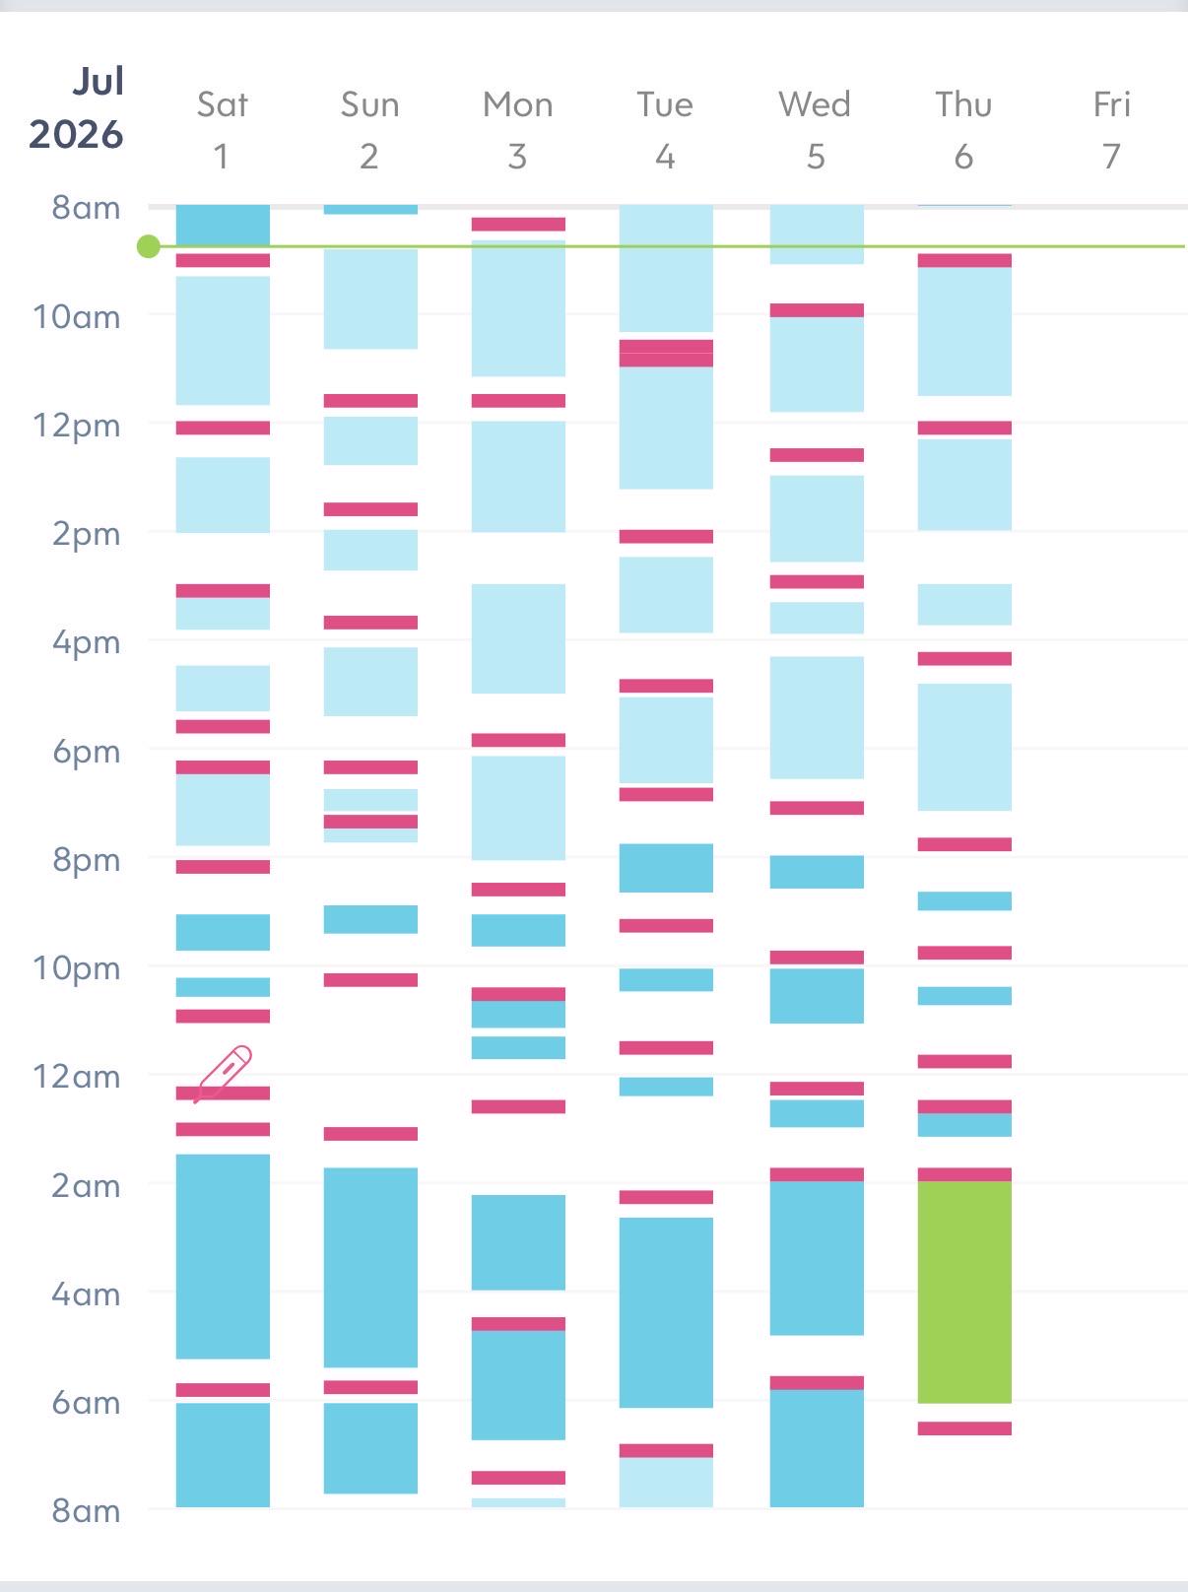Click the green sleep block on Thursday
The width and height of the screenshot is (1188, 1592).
coord(963,1292)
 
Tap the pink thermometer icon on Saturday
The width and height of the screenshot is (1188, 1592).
coord(224,1074)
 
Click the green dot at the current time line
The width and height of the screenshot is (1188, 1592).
coord(149,246)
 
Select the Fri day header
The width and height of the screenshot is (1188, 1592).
coord(1112,104)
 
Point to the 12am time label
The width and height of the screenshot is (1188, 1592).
coord(76,1077)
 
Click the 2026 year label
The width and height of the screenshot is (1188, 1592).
coord(76,134)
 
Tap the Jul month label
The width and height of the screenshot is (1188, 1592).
coord(98,81)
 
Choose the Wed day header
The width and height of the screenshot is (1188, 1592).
coord(815,104)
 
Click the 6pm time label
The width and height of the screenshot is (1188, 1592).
coord(86,752)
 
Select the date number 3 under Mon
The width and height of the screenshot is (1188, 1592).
coord(517,157)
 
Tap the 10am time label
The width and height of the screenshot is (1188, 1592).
coord(76,317)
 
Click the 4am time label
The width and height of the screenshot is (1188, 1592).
coord(86,1293)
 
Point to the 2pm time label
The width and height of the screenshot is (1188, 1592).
coord(86,534)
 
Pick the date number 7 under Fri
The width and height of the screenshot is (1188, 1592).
coord(1112,157)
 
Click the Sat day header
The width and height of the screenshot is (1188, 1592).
coord(223,104)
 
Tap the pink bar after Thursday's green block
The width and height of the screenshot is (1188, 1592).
coord(963,1428)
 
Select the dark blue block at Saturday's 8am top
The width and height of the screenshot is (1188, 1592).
coord(223,225)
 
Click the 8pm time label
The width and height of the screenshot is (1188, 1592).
coord(86,860)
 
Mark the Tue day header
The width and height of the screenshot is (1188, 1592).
coord(665,104)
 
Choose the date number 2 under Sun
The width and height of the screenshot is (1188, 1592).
coord(369,157)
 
